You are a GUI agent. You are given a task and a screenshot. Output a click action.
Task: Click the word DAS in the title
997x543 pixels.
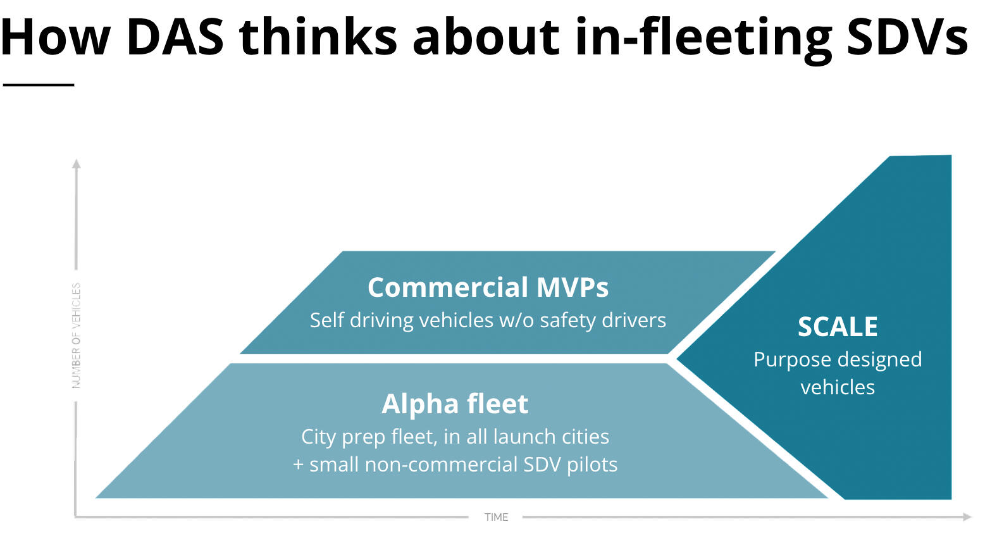175,37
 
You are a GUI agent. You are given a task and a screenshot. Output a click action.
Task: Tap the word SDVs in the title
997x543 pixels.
907,37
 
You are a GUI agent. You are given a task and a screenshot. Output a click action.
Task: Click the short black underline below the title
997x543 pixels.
39,84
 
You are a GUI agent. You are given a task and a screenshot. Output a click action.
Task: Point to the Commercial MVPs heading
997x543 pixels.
488,287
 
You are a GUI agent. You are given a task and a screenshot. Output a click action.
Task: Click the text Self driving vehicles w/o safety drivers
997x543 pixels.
488,320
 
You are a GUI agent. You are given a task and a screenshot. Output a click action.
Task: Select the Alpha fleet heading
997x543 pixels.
455,404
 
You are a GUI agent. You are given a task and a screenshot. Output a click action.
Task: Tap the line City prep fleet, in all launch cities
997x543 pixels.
455,437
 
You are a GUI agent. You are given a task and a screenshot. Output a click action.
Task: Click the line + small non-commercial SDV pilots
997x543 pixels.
455,465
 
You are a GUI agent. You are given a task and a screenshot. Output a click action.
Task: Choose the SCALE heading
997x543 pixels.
838,327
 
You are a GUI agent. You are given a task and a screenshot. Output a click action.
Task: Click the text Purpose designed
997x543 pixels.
838,359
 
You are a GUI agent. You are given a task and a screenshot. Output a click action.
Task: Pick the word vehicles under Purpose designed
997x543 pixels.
838,387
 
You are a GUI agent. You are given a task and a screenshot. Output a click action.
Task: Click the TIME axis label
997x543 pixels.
497,517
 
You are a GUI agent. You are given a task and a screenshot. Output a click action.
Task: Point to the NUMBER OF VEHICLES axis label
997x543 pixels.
77,335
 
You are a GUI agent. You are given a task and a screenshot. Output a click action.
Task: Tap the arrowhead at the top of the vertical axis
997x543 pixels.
77,163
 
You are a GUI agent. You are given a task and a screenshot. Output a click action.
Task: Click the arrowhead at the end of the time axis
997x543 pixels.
967,517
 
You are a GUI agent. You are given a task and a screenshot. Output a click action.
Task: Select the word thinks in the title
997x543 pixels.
318,37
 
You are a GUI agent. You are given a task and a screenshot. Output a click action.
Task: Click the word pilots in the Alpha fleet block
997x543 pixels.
592,465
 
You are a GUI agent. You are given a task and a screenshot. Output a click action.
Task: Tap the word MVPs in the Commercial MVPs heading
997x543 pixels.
572,287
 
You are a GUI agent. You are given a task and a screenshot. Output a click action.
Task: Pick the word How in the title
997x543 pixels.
56,37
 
